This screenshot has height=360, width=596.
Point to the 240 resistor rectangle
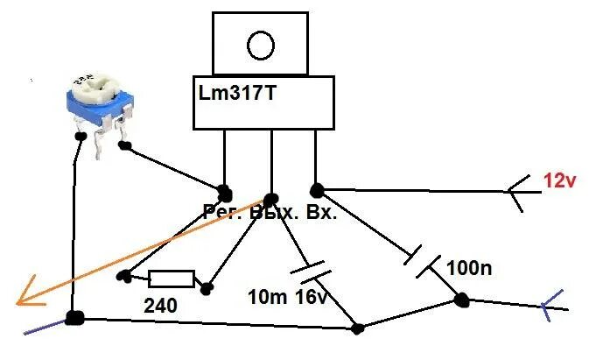[x=172, y=279]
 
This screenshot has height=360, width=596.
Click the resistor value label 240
[x=162, y=306]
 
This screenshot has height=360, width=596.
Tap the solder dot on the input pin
[x=315, y=188]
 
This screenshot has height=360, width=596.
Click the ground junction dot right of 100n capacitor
[x=459, y=300]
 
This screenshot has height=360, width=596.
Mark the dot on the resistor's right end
[x=208, y=287]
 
